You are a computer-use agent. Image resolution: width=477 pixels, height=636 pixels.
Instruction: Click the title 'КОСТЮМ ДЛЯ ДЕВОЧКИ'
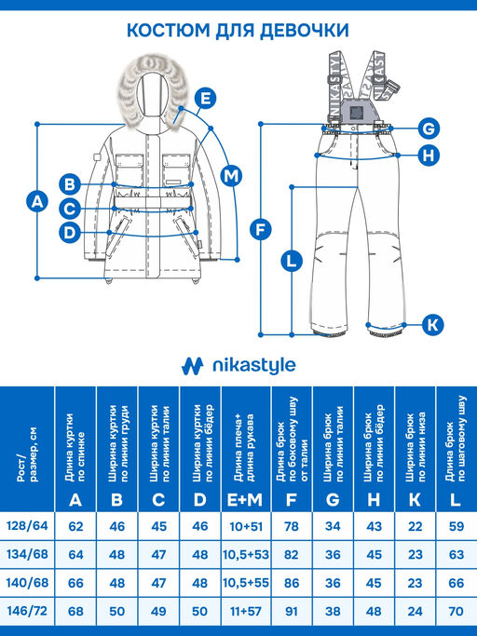(238, 31)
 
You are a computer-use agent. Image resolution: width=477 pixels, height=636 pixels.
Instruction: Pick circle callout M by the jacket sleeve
(232, 174)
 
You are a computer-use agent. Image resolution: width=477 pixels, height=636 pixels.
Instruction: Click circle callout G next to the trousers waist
(428, 129)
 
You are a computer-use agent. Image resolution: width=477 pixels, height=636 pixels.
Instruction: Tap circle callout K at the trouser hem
(432, 325)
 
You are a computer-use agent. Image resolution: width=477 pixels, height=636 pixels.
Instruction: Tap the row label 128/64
(28, 527)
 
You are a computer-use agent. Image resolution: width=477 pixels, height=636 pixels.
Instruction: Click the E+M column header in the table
(243, 499)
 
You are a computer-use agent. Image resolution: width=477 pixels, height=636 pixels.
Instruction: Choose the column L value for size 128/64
(457, 527)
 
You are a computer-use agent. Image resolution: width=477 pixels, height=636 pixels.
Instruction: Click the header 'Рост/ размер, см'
(28, 447)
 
